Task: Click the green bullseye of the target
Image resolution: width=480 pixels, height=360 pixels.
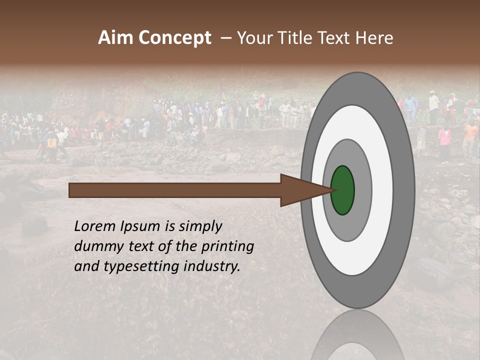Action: (342, 190)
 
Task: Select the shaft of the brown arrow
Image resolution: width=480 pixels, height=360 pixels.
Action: (175, 190)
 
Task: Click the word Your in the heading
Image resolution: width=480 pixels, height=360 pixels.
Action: (253, 38)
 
